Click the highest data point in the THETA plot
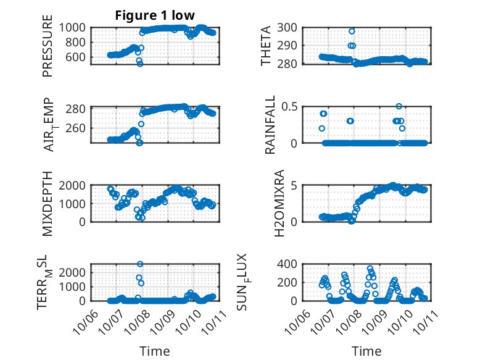pyautogui.click(x=352, y=31)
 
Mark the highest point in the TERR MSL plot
pyautogui.click(x=140, y=264)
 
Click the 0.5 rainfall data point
pyautogui.click(x=399, y=106)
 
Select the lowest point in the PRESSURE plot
pyautogui.click(x=140, y=64)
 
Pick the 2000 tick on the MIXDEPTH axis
pyautogui.click(x=74, y=185)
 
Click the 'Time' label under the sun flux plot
pyautogui.click(x=366, y=351)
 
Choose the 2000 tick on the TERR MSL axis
pyautogui.click(x=74, y=272)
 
